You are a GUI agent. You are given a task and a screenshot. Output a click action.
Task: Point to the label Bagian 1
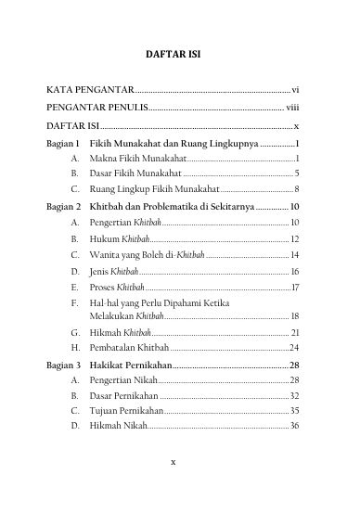click(64, 144)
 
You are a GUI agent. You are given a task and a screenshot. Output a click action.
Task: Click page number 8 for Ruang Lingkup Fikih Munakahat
click(296, 188)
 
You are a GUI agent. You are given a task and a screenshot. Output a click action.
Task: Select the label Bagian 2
click(64, 206)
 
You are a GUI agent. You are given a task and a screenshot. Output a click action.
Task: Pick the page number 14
click(294, 254)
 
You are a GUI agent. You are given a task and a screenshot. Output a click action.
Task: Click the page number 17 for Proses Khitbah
click(295, 287)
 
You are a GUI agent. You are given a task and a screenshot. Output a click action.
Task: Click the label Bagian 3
click(64, 365)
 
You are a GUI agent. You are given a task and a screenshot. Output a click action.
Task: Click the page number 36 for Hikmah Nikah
click(294, 426)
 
